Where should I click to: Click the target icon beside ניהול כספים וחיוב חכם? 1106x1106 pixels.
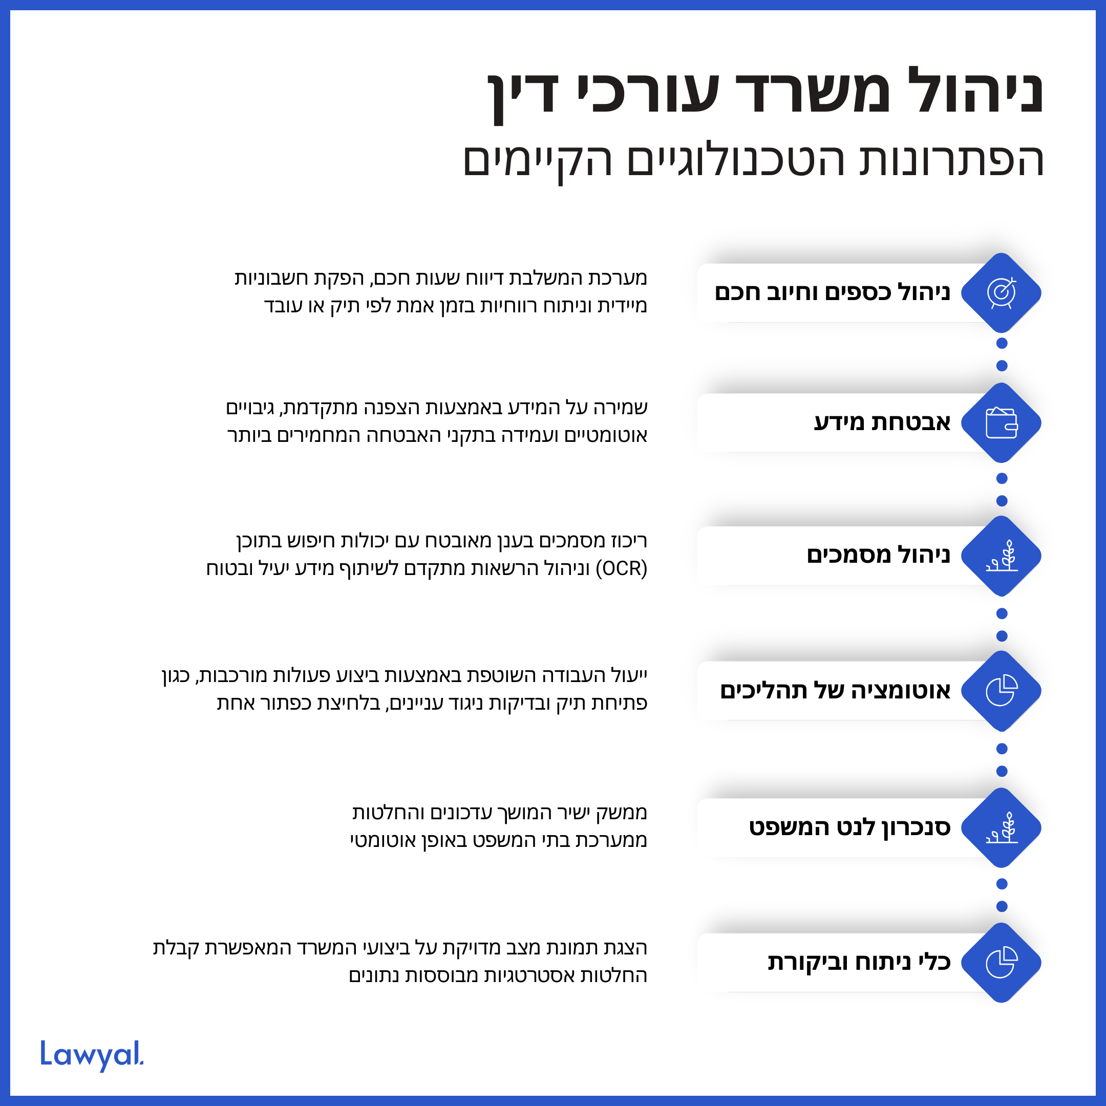[1001, 292]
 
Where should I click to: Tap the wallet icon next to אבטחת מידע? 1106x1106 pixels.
[1001, 423]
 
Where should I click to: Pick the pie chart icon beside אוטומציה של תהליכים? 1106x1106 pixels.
[1001, 691]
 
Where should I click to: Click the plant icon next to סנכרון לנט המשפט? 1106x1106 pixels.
[1001, 828]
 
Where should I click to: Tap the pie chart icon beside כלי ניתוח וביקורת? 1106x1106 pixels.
[1001, 963]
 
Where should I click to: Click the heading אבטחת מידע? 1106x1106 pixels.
[882, 422]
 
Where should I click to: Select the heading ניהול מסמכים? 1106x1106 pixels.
[878, 555]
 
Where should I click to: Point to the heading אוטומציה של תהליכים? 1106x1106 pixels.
[835, 690]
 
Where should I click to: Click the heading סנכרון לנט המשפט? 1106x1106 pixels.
[849, 827]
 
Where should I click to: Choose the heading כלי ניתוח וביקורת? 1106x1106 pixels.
[859, 962]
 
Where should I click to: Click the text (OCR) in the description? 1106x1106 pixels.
[621, 569]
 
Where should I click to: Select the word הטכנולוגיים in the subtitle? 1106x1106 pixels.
[736, 160]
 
